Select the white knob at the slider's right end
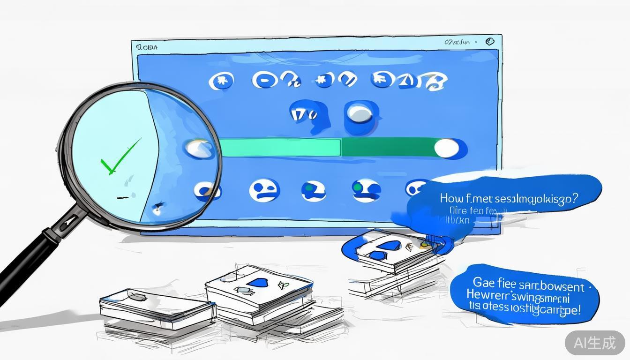(447, 148)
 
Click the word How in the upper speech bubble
(450, 198)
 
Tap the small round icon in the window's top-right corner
(490, 41)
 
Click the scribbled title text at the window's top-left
(147, 47)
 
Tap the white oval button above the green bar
(360, 113)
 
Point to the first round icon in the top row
(221, 82)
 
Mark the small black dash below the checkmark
(122, 197)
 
